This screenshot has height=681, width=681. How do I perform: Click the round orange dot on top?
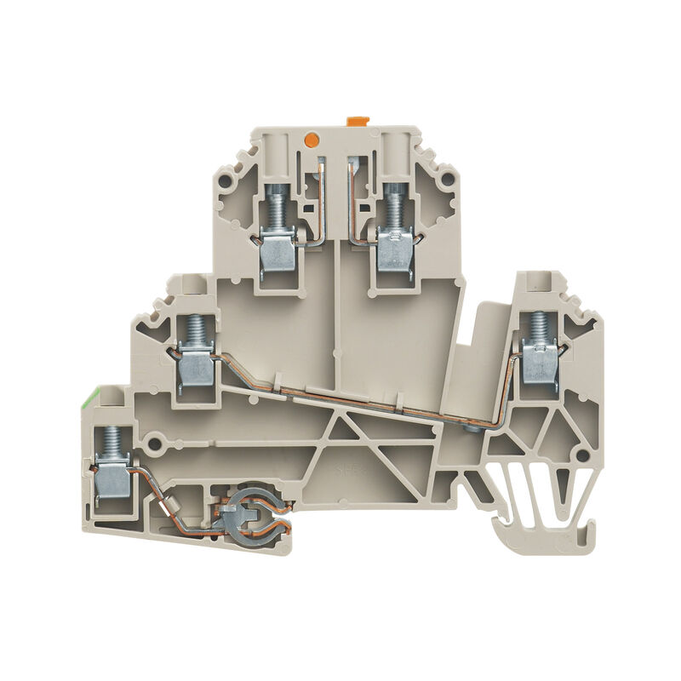[312, 137]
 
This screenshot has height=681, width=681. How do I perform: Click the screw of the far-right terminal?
[538, 327]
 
